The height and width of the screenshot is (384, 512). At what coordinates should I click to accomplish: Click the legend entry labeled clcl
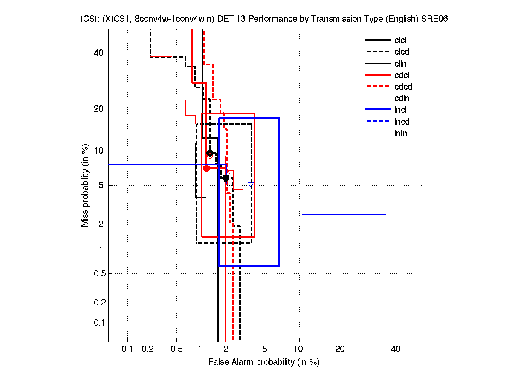tap(400, 41)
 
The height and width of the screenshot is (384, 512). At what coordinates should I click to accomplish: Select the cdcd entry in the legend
tap(403, 87)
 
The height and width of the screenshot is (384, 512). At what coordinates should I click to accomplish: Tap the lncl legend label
tap(400, 110)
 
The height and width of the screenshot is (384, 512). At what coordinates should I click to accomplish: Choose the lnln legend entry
tap(400, 133)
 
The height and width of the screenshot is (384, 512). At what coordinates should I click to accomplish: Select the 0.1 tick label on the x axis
tap(127, 349)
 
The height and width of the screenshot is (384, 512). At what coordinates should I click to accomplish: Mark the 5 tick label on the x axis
tap(265, 349)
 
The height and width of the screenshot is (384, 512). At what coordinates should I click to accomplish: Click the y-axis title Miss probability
tap(85, 185)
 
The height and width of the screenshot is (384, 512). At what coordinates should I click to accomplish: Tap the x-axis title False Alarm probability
tap(264, 362)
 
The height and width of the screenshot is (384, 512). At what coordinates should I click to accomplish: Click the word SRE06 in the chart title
tap(435, 20)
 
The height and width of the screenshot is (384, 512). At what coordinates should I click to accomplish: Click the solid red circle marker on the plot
tap(206, 168)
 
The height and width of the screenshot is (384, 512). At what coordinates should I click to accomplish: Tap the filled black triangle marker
tap(226, 179)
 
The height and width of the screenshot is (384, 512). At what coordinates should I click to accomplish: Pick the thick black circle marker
tap(210, 153)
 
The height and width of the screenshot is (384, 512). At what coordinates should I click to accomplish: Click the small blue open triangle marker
tap(251, 184)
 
